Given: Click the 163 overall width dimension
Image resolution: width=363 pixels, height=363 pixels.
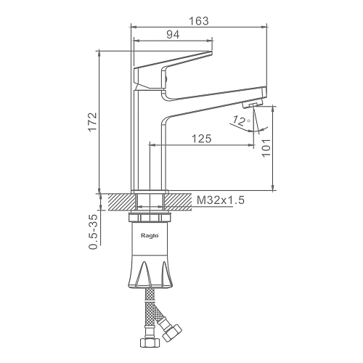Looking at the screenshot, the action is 198,21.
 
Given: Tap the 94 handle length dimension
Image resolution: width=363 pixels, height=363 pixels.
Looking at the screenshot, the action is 173,35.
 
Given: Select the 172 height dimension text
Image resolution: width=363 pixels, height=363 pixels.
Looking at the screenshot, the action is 92,121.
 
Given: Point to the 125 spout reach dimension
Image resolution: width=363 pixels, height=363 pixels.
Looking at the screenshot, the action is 201,139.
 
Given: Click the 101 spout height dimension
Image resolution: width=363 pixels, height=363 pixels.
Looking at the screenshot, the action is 266,148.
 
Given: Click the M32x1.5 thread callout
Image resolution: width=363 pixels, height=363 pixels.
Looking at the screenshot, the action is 221,200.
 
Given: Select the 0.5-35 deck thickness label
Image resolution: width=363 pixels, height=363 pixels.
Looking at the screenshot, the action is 94,232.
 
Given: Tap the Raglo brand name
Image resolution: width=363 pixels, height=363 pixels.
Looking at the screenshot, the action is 150,236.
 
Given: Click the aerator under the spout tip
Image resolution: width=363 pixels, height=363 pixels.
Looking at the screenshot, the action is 252,105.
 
